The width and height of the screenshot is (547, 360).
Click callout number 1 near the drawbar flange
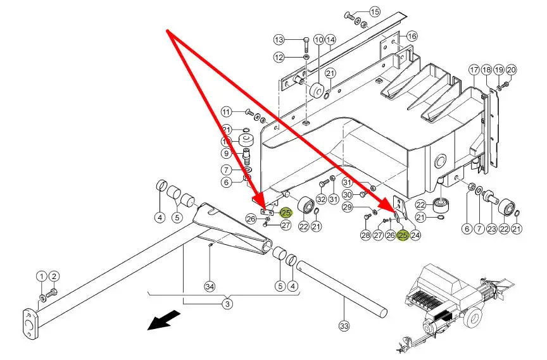[41, 276]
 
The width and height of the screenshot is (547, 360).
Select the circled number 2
[54, 276]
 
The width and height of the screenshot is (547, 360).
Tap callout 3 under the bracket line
[227, 304]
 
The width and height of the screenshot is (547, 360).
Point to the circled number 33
[344, 326]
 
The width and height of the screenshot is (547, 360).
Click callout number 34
[210, 287]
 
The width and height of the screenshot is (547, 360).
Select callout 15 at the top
[375, 11]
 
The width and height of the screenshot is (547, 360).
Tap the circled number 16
[412, 36]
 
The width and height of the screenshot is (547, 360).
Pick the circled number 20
[512, 70]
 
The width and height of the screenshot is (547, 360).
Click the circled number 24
[416, 236]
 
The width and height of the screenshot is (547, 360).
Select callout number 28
[366, 235]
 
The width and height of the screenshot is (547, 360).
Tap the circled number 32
[322, 200]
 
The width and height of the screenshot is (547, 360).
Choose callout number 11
[227, 112]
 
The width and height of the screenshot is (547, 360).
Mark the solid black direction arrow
[162, 321]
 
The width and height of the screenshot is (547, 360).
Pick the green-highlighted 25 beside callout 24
[403, 236]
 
